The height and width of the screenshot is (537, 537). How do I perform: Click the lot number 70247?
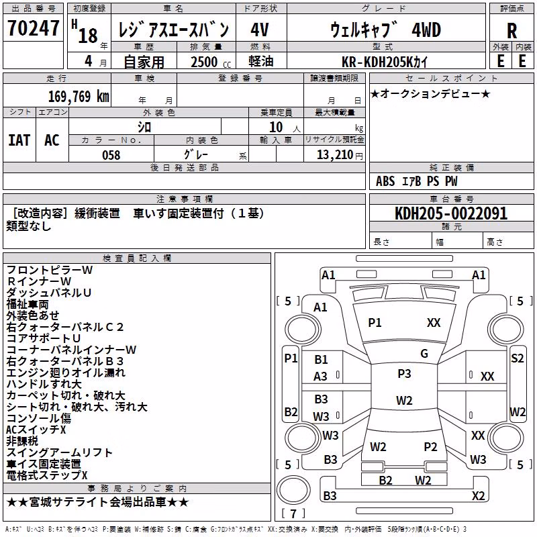click(x=33, y=28)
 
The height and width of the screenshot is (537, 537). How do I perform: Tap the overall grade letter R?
click(x=511, y=31)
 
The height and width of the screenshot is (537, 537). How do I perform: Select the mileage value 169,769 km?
click(x=79, y=97)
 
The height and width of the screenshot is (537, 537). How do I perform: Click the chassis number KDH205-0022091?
click(x=451, y=213)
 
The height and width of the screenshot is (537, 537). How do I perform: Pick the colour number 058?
click(x=111, y=155)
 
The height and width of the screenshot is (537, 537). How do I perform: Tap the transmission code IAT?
click(x=19, y=140)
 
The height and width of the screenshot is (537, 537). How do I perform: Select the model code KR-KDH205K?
click(x=378, y=62)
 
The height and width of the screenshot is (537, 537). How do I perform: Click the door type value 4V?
click(x=260, y=30)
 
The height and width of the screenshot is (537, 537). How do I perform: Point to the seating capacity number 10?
click(x=276, y=127)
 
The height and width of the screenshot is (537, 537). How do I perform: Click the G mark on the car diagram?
click(x=424, y=354)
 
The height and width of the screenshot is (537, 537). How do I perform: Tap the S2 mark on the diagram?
click(x=517, y=358)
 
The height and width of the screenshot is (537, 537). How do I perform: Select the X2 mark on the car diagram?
click(x=478, y=495)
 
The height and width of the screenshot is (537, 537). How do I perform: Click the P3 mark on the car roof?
click(x=404, y=374)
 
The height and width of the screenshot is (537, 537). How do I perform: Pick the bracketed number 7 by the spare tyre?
click(x=293, y=514)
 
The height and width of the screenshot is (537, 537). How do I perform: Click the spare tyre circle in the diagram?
click(x=293, y=490)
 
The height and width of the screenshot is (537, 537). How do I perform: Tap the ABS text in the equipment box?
click(x=385, y=181)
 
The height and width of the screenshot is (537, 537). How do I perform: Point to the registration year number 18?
click(x=88, y=36)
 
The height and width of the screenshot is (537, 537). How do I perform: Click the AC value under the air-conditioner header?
click(x=52, y=140)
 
